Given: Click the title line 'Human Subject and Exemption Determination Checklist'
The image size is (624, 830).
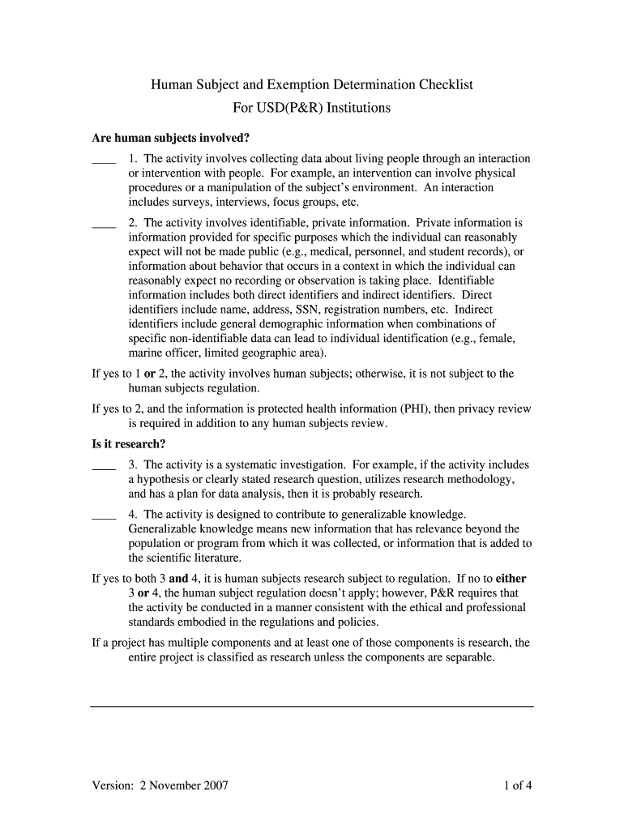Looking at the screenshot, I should (x=312, y=85).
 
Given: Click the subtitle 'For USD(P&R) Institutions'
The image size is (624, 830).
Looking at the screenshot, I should (x=312, y=108).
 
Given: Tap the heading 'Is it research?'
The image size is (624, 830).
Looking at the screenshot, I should (x=128, y=444).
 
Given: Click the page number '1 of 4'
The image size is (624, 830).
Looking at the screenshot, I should (x=517, y=785).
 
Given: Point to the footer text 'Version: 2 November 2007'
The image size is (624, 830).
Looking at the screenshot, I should (x=160, y=785).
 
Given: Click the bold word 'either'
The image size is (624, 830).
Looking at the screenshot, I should (x=511, y=579).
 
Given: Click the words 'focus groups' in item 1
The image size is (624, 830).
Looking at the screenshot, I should (x=305, y=203).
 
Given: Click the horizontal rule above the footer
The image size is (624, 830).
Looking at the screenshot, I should (x=312, y=707).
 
